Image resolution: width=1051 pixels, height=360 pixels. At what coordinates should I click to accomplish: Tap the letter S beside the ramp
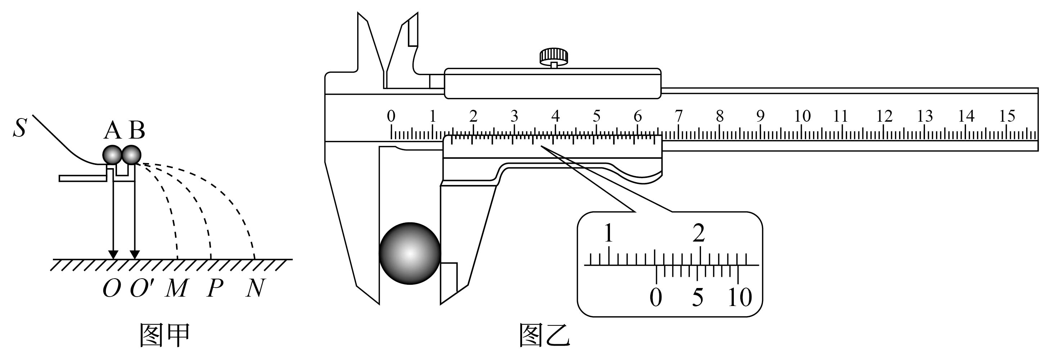(19, 127)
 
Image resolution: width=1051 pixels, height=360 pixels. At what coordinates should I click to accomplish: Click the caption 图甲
(165, 335)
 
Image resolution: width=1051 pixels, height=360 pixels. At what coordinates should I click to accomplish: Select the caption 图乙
(545, 335)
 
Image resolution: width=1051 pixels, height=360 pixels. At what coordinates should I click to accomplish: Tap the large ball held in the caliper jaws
(410, 253)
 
